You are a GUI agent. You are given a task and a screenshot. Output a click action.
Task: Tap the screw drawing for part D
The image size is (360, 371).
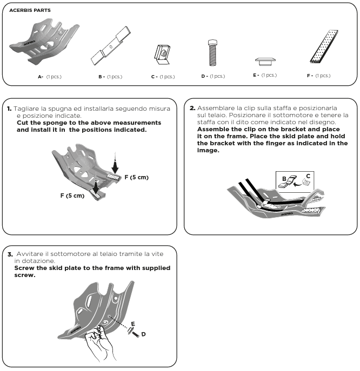click(212, 52)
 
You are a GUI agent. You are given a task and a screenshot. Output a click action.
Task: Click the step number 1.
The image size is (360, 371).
click(9, 109)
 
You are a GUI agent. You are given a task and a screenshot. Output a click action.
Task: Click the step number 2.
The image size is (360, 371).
click(192, 107)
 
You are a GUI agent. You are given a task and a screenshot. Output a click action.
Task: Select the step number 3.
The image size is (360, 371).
click(9, 253)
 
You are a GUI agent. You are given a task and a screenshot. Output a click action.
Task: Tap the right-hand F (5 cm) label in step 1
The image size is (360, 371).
click(136, 177)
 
